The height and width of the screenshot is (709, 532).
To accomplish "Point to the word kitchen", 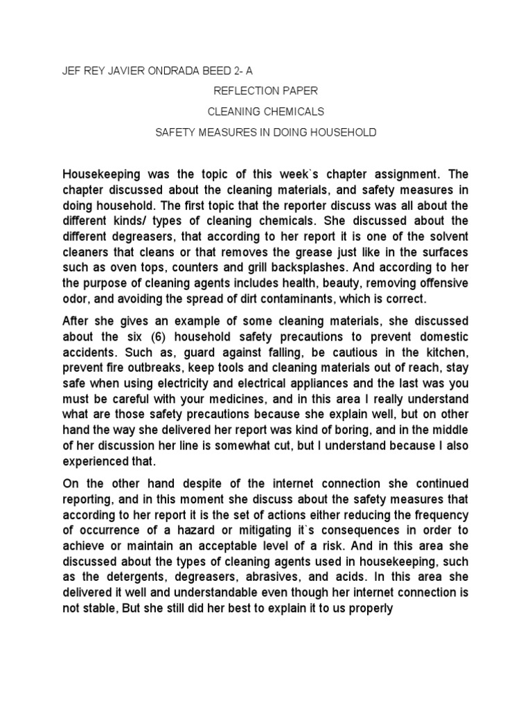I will point(443,352).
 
